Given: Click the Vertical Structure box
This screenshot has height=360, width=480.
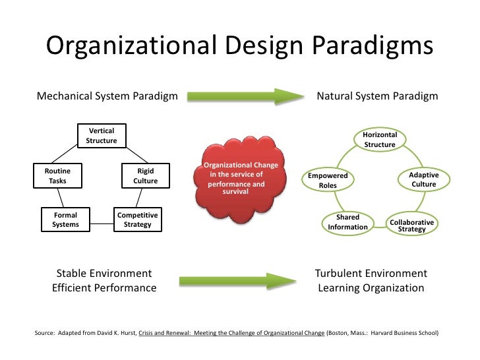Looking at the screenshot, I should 102,136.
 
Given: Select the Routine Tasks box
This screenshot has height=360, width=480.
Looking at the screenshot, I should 57,175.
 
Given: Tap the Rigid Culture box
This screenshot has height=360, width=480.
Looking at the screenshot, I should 145,175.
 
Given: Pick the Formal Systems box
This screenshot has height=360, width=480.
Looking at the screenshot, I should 65,220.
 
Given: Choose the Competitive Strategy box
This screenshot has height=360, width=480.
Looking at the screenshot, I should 137,220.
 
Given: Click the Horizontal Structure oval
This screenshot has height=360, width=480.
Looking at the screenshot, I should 379,139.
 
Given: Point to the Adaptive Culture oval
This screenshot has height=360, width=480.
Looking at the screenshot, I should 423,179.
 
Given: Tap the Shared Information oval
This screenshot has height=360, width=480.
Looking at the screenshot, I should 347,222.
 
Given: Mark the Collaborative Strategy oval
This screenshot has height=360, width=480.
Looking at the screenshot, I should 411,225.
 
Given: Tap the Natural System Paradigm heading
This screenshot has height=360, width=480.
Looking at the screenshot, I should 377,96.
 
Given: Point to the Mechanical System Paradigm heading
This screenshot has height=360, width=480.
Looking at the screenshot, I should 107,96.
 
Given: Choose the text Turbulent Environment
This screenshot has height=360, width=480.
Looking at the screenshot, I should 371,274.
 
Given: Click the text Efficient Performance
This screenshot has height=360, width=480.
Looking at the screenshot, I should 104,288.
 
